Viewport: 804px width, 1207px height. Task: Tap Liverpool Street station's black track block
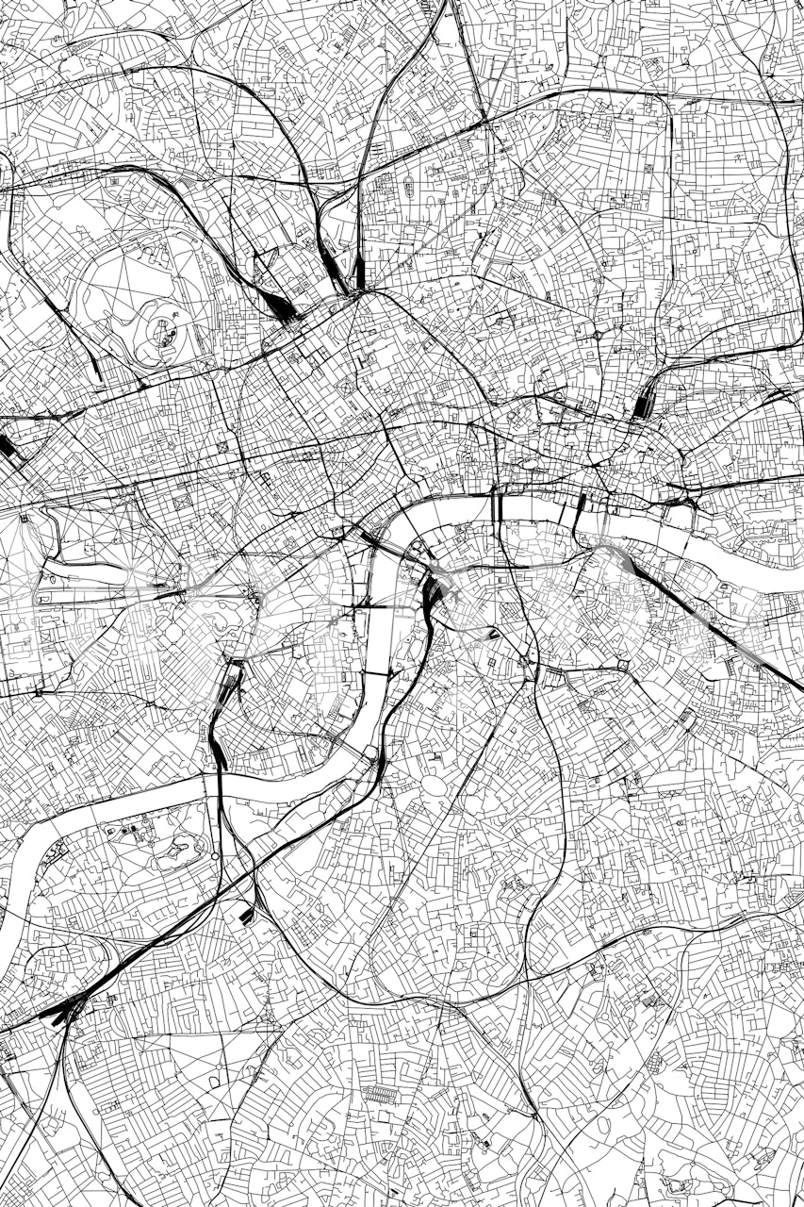[x=644, y=404]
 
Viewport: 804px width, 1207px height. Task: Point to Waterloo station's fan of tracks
[x=435, y=594]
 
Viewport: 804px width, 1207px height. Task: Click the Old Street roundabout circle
[x=598, y=334]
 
